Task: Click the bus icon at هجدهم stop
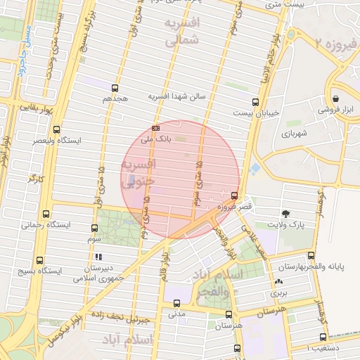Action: [x=115, y=89]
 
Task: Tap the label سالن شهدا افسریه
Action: [x=176, y=96]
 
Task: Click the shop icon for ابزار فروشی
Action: [x=337, y=99]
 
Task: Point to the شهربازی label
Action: [x=295, y=133]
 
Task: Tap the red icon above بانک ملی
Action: [x=155, y=128]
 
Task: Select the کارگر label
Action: [x=35, y=179]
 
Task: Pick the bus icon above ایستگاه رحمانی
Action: [x=46, y=214]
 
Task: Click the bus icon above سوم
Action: [x=94, y=228]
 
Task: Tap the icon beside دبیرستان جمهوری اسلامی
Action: [x=99, y=257]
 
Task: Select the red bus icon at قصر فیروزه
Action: [x=234, y=195]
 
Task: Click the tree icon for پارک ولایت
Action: [x=285, y=214]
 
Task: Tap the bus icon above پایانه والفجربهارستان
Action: [x=311, y=256]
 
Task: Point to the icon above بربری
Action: [x=276, y=282]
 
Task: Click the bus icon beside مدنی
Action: [x=176, y=303]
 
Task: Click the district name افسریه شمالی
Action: [x=181, y=32]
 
